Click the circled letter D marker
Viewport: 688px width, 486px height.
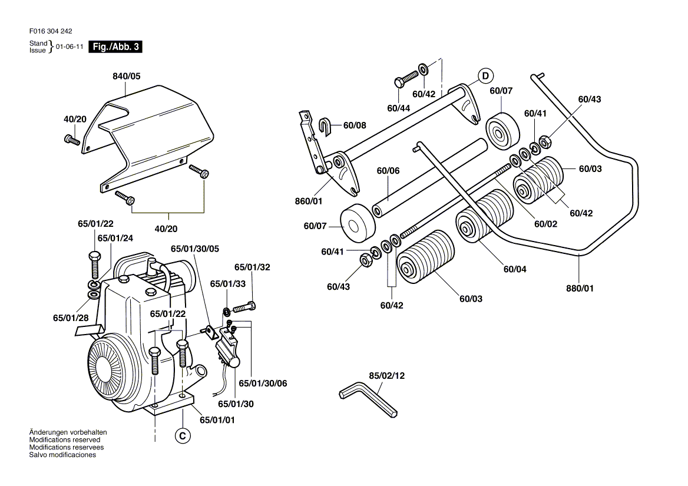tap(485, 75)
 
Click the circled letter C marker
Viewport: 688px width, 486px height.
tap(183, 436)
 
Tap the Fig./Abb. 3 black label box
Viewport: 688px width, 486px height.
tap(115, 47)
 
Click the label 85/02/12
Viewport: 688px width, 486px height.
tap(387, 375)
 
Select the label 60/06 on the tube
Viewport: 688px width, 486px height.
tap(388, 171)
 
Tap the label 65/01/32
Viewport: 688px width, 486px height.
tap(252, 267)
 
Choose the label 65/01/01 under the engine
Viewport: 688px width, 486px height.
tap(217, 420)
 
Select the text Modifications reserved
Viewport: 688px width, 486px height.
tap(65, 440)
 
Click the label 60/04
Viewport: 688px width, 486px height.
tap(515, 269)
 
